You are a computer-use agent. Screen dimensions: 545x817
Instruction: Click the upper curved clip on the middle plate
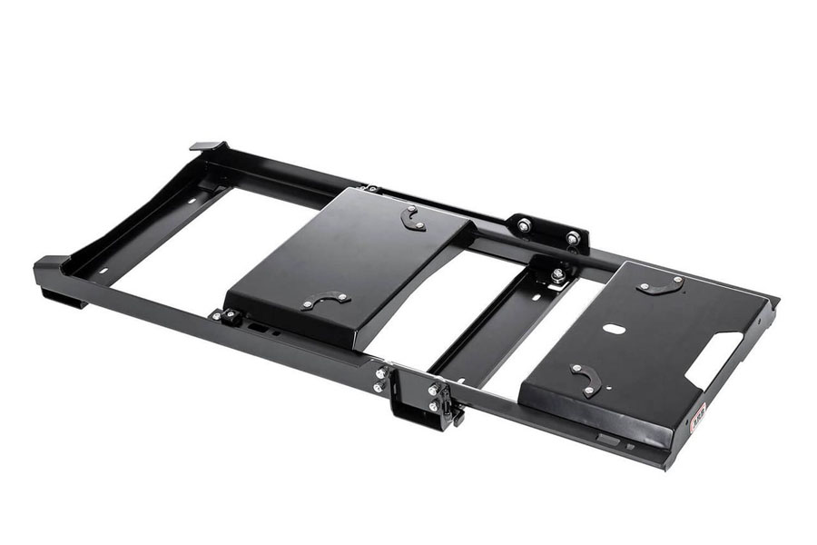point(412,218)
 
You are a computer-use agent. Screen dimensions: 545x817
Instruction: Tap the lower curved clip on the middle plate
point(325,300)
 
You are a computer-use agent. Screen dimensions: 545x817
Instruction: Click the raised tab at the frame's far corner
point(207,145)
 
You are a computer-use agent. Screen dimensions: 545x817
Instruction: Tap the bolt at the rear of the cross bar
point(556,272)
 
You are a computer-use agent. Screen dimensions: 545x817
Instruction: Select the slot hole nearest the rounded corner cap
point(101,270)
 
